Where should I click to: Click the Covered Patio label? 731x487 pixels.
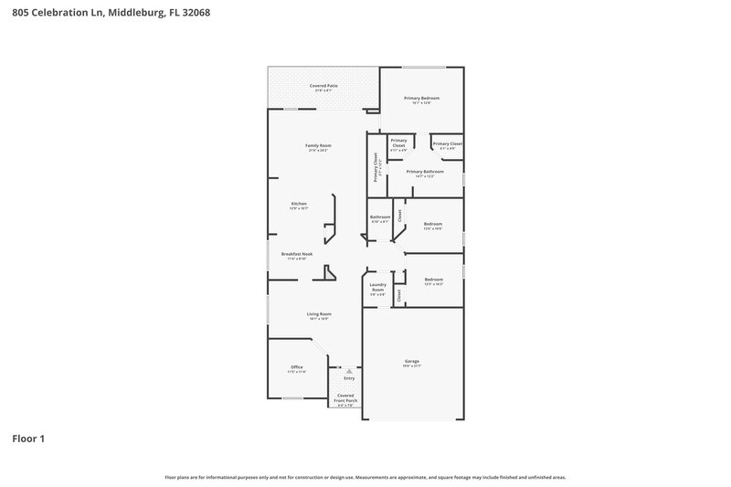point(323,86)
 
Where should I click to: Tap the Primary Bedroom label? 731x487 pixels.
point(421,98)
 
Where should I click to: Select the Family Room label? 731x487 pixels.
point(318,146)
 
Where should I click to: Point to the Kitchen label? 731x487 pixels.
point(299,204)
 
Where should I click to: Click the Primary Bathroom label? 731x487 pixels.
point(425,172)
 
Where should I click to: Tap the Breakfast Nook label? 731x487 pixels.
point(297,254)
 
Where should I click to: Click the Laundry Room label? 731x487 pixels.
point(378,288)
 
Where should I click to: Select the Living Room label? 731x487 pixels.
point(318,314)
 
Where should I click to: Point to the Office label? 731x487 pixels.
point(296,367)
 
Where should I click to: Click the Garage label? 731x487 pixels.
point(411,362)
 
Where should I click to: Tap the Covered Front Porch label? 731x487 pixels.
point(345,398)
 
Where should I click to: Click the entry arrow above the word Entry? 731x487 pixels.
point(348,371)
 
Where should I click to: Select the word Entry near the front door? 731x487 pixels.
point(349,377)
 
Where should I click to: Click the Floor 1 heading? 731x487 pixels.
point(28,439)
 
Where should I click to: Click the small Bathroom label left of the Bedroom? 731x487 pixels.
point(380,217)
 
